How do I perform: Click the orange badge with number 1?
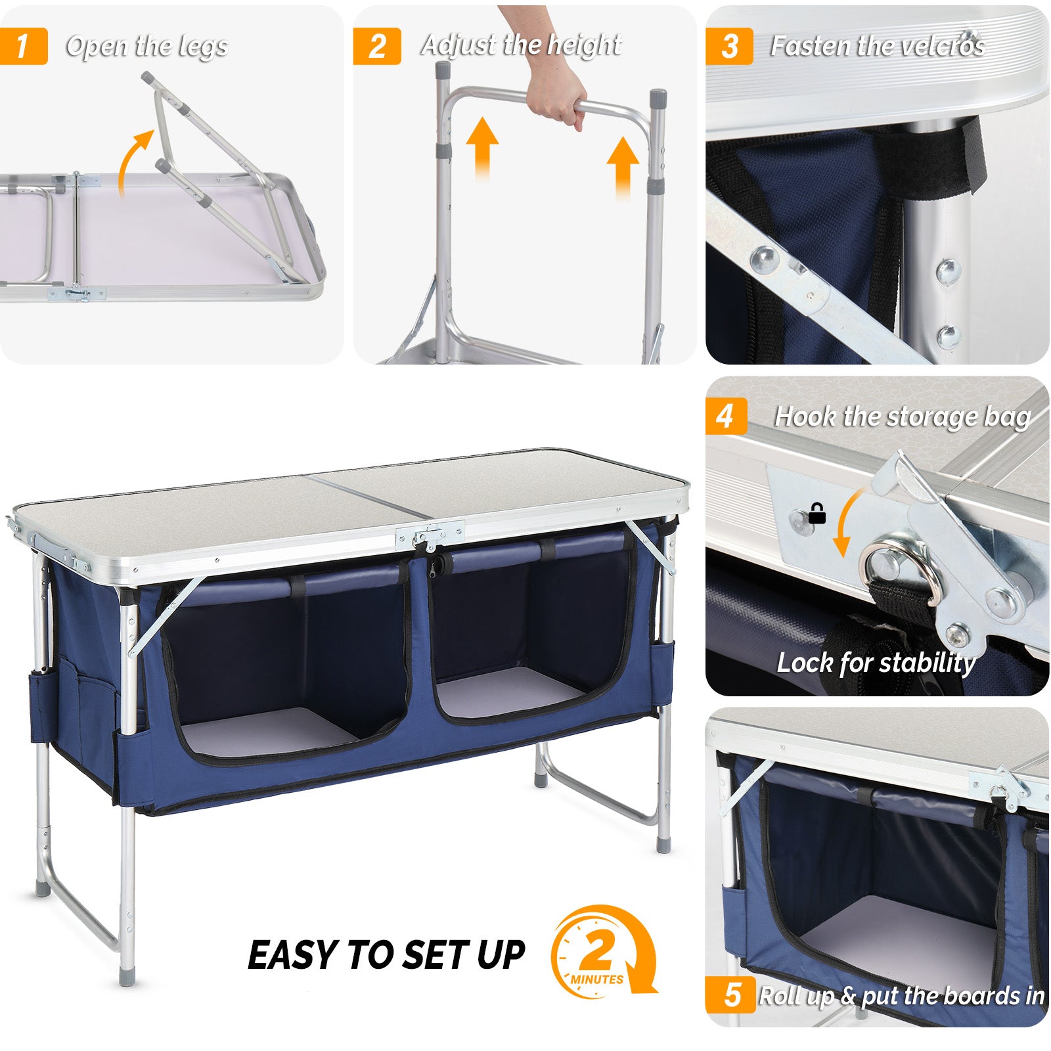[24, 46]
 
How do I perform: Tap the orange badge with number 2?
[376, 46]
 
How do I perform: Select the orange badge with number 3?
[729, 46]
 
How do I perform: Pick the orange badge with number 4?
[726, 416]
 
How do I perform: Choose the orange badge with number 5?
[730, 995]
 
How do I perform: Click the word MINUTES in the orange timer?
[596, 979]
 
